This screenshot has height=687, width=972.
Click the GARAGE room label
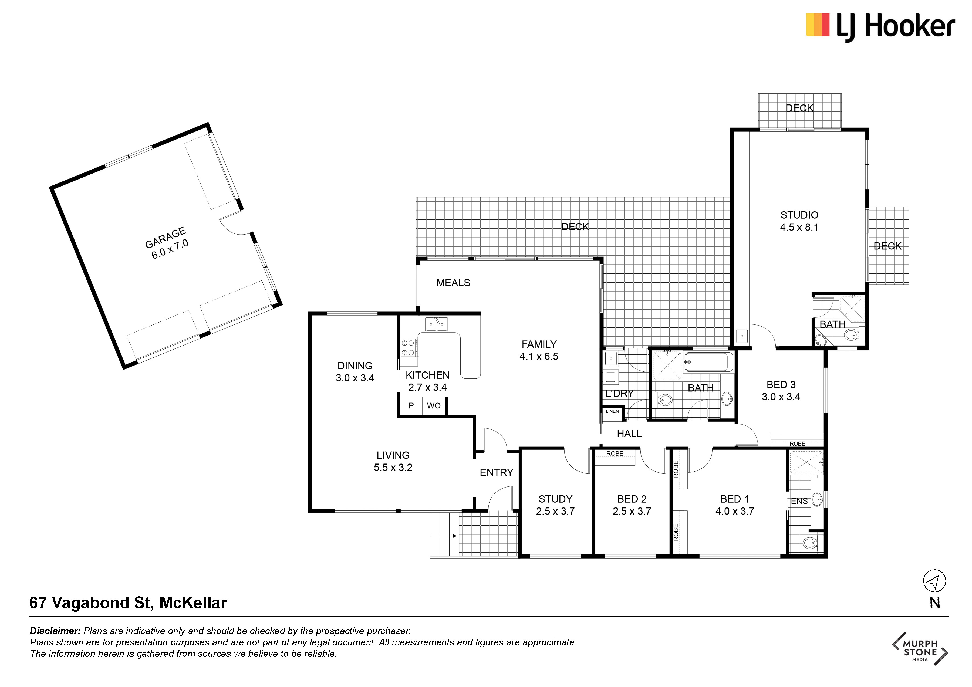(166, 238)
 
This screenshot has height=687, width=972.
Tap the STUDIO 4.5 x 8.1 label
(799, 221)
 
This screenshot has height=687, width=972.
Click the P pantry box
(411, 405)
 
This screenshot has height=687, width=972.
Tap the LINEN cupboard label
(612, 411)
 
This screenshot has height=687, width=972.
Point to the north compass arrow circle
(934, 581)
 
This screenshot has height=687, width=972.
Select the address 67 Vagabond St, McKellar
(128, 603)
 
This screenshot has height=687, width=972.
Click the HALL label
(629, 434)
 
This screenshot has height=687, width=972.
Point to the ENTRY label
(496, 472)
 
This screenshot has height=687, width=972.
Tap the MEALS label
(453, 283)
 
